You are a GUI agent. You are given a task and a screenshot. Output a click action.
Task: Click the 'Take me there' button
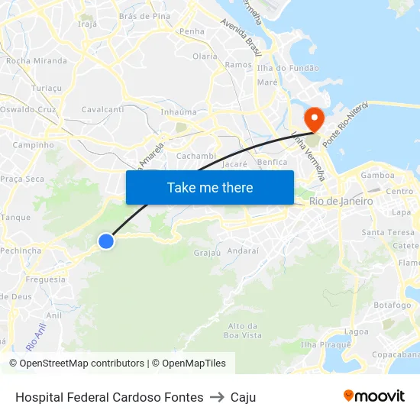(x=210, y=188)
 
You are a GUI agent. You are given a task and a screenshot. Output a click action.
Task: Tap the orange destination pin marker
(x=313, y=118)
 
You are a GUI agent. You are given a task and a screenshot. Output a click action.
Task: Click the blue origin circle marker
(x=106, y=241)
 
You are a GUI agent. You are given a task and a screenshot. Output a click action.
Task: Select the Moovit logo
(x=373, y=396)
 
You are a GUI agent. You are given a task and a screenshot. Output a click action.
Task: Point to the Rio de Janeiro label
(x=341, y=202)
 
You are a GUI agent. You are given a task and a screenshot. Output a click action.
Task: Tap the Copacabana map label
(x=396, y=354)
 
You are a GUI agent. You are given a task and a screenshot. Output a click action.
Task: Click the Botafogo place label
(x=393, y=304)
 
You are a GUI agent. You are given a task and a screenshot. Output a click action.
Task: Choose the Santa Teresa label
(x=388, y=232)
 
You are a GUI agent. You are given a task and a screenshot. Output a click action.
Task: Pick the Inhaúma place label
(x=179, y=112)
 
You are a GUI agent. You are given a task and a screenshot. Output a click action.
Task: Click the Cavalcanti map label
(x=102, y=109)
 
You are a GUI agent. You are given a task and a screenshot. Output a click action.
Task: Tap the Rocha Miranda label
(x=37, y=60)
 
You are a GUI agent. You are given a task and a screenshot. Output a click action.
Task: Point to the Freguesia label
(x=46, y=279)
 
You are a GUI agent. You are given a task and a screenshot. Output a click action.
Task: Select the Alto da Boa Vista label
(x=244, y=331)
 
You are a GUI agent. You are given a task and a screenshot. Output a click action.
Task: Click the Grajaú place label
(x=207, y=252)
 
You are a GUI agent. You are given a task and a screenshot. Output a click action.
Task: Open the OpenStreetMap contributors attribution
(x=82, y=363)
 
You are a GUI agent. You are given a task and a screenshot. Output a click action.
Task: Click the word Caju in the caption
(x=243, y=397)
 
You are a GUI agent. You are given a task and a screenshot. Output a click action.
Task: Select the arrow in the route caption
(x=217, y=397)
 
